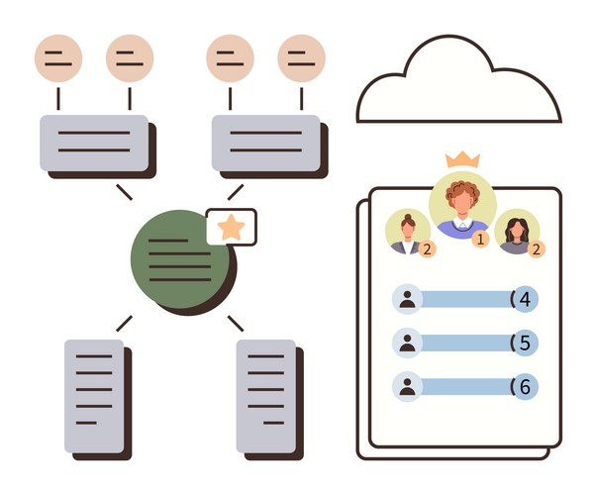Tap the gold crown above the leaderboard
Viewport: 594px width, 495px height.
pyautogui.click(x=461, y=158)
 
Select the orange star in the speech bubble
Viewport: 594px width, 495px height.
pyautogui.click(x=231, y=228)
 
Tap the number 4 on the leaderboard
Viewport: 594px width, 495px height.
pyautogui.click(x=525, y=299)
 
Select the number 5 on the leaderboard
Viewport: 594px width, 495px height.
pyautogui.click(x=525, y=344)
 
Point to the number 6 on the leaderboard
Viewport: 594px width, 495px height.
pyautogui.click(x=525, y=387)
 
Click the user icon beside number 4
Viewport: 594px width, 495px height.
pyautogui.click(x=407, y=299)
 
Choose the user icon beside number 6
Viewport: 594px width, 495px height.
pyautogui.click(x=407, y=387)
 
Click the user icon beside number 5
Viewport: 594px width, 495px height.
pyautogui.click(x=407, y=344)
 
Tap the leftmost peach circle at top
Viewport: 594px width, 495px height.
pyautogui.click(x=58, y=58)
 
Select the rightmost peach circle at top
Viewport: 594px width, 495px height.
pyautogui.click(x=301, y=58)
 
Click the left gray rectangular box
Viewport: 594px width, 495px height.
pyautogui.click(x=94, y=143)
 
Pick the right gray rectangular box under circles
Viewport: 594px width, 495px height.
pyautogui.click(x=265, y=143)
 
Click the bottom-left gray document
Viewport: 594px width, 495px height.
pyautogui.click(x=94, y=396)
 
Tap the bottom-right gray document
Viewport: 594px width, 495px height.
pyautogui.click(x=266, y=396)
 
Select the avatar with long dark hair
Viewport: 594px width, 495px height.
pyautogui.click(x=516, y=232)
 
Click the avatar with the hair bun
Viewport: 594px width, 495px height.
pyautogui.click(x=407, y=233)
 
